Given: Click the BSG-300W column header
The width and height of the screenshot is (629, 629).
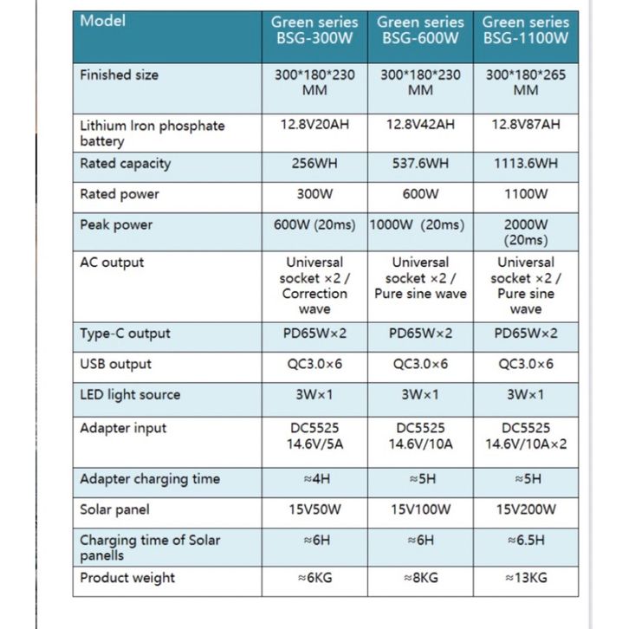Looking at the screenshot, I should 314,30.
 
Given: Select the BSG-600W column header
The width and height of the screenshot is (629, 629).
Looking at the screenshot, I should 420,30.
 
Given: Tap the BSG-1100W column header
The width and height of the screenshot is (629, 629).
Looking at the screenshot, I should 526,30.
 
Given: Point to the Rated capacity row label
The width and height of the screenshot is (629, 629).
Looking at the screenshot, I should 126,164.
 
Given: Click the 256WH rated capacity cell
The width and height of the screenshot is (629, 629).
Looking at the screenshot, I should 314,164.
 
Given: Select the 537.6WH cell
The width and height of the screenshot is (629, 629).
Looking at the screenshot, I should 420,164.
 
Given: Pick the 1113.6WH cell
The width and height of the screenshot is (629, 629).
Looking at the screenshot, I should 526,164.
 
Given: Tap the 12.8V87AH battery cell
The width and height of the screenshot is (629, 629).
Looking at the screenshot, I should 526,125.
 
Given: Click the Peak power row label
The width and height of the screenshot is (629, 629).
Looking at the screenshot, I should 116,225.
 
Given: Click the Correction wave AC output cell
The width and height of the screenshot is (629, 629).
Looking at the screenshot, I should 314,286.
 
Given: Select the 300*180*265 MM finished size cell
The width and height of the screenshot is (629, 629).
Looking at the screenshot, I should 526,83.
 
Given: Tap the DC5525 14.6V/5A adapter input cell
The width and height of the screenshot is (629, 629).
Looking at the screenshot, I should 314,437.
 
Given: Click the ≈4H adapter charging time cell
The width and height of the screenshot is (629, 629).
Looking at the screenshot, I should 314,479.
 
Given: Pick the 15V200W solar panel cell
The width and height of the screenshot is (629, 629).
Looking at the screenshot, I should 526,510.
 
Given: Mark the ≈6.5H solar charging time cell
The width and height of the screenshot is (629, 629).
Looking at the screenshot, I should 526,541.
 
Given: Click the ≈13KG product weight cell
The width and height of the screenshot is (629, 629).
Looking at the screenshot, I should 526,578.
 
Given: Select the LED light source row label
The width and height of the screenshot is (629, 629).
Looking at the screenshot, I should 130,395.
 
